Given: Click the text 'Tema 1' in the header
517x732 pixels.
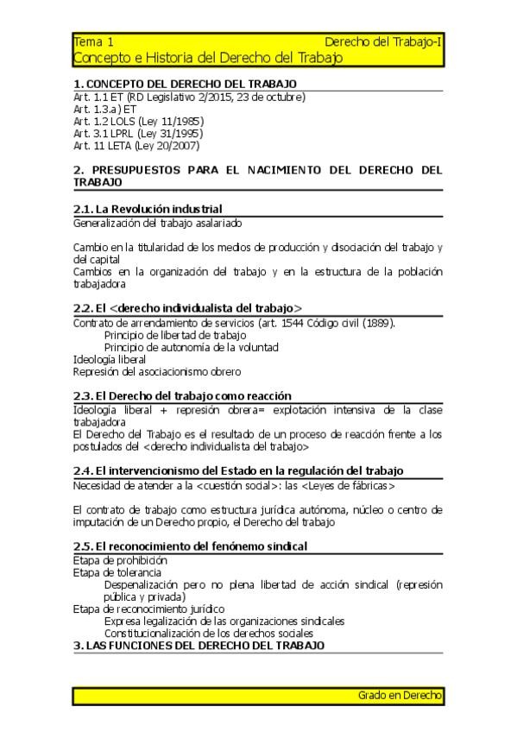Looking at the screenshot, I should click(93, 41).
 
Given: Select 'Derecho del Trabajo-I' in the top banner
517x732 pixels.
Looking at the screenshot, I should click(383, 41).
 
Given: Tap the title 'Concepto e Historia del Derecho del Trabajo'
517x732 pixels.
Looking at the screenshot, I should click(207, 58).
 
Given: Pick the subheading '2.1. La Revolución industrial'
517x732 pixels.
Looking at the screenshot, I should click(148, 209).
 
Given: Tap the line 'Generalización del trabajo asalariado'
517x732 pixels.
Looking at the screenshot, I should click(156, 223).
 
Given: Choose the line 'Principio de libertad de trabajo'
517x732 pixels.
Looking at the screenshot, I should click(175, 335).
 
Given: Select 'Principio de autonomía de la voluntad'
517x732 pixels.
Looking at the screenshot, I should click(191, 347).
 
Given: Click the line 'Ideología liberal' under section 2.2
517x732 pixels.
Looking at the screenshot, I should click(110, 359).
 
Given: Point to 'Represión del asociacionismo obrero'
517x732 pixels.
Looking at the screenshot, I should click(157, 371).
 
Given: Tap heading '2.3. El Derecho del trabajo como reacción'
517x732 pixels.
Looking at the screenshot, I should click(182, 395).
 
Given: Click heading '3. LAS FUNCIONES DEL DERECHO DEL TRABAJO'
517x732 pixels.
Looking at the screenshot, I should click(199, 645).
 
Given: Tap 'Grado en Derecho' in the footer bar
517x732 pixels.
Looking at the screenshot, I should click(400, 695).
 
